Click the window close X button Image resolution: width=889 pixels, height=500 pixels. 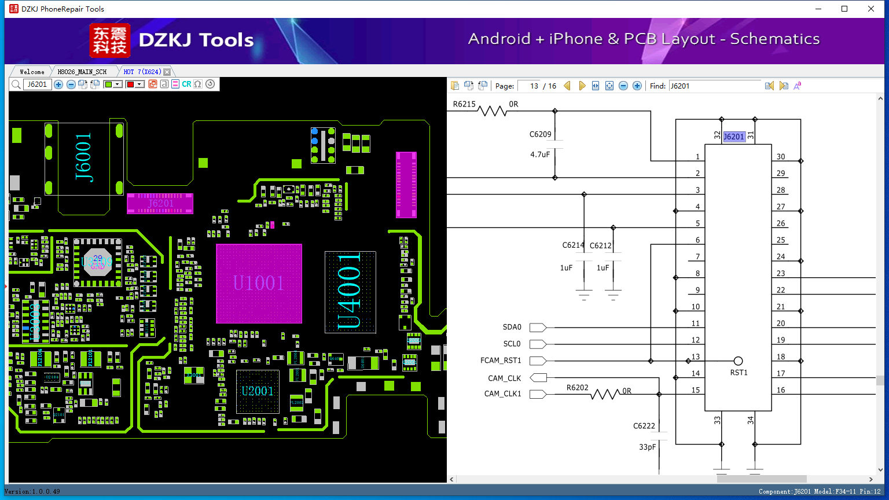coord(871,9)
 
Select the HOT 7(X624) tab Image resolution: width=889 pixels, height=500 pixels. coord(142,72)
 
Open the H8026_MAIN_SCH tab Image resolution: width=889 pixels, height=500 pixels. coord(82,72)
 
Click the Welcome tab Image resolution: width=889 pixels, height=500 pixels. coord(32,72)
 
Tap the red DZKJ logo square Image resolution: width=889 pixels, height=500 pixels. coord(110,41)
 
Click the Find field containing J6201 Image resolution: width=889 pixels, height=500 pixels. coord(715,86)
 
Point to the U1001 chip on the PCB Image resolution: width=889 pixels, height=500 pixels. coord(259,284)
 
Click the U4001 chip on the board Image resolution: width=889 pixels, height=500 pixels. coord(350,292)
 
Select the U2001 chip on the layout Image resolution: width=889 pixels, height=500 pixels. coord(258,391)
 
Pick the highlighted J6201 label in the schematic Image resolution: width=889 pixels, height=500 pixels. coord(734,137)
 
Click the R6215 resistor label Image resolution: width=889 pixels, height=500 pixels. coord(464,104)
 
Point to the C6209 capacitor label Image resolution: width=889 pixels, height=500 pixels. coord(540,134)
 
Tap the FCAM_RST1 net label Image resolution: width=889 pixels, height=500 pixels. coord(501,361)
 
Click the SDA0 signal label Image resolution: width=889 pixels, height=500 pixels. coord(512,327)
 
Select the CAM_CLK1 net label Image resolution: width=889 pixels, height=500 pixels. coord(502,394)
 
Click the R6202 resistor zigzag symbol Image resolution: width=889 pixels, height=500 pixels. coord(605,394)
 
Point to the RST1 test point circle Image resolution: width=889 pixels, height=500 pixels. coord(738,361)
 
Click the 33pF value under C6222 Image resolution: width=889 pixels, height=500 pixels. coord(647,447)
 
